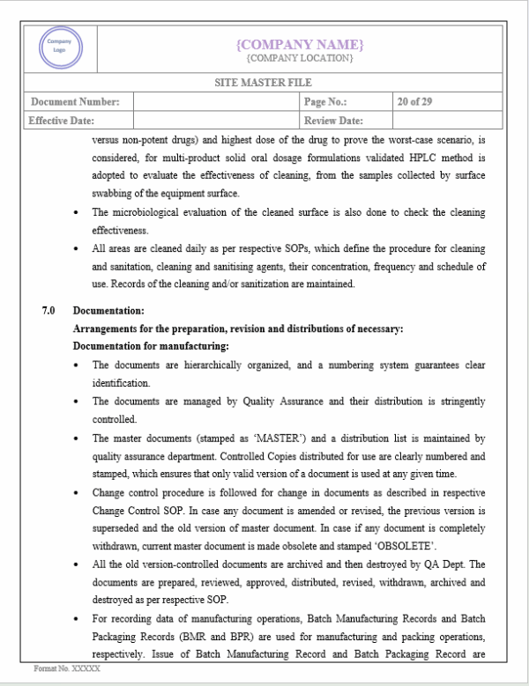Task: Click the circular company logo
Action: coord(59,48)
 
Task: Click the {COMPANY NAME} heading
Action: coord(300,44)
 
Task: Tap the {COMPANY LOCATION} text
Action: coord(300,58)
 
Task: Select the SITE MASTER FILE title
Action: coord(264,85)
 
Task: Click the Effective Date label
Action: coord(62,121)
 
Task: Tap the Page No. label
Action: coord(325,102)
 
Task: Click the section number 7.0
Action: coord(48,310)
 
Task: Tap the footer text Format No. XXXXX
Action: coord(67,669)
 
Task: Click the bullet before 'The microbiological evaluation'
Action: coord(79,213)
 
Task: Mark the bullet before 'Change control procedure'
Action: coord(79,492)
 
